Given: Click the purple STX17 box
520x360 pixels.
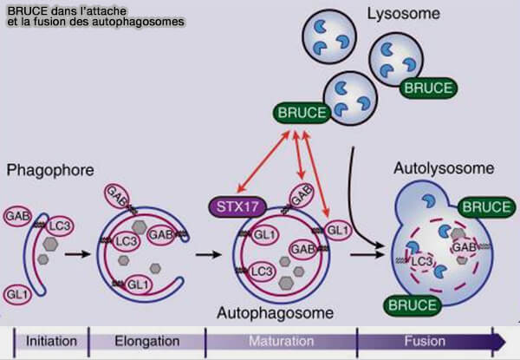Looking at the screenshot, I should [x=236, y=207].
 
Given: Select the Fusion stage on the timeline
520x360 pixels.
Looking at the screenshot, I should [x=425, y=341].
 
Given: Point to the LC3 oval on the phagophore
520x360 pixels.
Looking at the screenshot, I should [x=60, y=224].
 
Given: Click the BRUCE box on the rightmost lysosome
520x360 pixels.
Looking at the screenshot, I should [x=426, y=88].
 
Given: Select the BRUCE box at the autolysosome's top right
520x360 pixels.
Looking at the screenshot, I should [x=486, y=206].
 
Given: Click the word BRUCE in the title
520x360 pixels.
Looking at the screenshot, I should [x=23, y=8].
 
